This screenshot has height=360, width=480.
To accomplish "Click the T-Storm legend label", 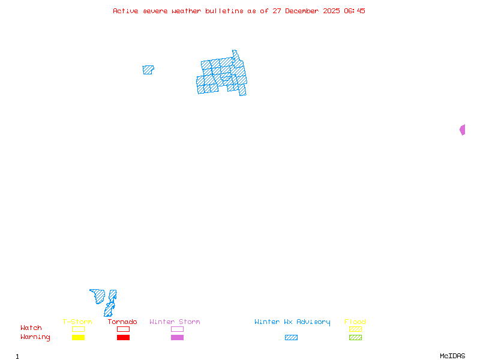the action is [x=77, y=322].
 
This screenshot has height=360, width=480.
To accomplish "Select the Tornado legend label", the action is [x=122, y=322].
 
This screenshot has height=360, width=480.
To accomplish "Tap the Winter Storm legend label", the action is [x=175, y=322].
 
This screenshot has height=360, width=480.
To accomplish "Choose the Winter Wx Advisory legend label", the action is [x=292, y=322].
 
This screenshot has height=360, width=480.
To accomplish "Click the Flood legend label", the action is [x=355, y=322].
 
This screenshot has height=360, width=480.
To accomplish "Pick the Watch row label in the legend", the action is [x=31, y=328].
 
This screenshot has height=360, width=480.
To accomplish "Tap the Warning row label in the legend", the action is [x=35, y=337].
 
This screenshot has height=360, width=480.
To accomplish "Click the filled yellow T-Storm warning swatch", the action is [x=78, y=338].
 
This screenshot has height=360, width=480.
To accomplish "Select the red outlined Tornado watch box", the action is [x=123, y=329].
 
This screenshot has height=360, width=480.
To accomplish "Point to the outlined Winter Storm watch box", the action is [x=177, y=329].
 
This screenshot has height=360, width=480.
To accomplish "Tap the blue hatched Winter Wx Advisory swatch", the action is [x=291, y=338].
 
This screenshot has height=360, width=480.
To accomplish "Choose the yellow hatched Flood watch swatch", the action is [x=355, y=329].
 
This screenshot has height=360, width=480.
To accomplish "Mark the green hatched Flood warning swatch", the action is [x=355, y=338].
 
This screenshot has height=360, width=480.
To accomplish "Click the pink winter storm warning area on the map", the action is [x=463, y=130].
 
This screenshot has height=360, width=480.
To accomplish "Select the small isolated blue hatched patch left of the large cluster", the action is [x=148, y=70].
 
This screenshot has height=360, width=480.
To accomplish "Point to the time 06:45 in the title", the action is [x=354, y=11].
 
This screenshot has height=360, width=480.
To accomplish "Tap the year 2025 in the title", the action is [x=332, y=11].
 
